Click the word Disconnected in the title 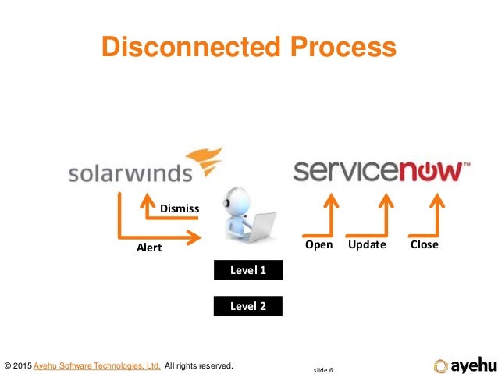coord(187,48)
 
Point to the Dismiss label coord(180,208)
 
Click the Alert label coord(149,248)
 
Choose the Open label coord(318,244)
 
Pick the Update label coord(366,244)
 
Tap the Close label coord(424,244)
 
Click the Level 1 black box coord(248,271)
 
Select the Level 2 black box coord(248,306)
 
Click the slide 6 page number coord(322,369)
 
